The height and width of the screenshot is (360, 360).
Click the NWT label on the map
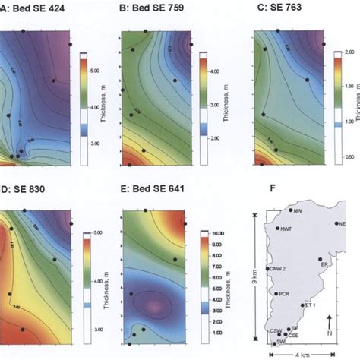(286, 229)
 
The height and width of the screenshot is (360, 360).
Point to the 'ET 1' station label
(309, 305)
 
